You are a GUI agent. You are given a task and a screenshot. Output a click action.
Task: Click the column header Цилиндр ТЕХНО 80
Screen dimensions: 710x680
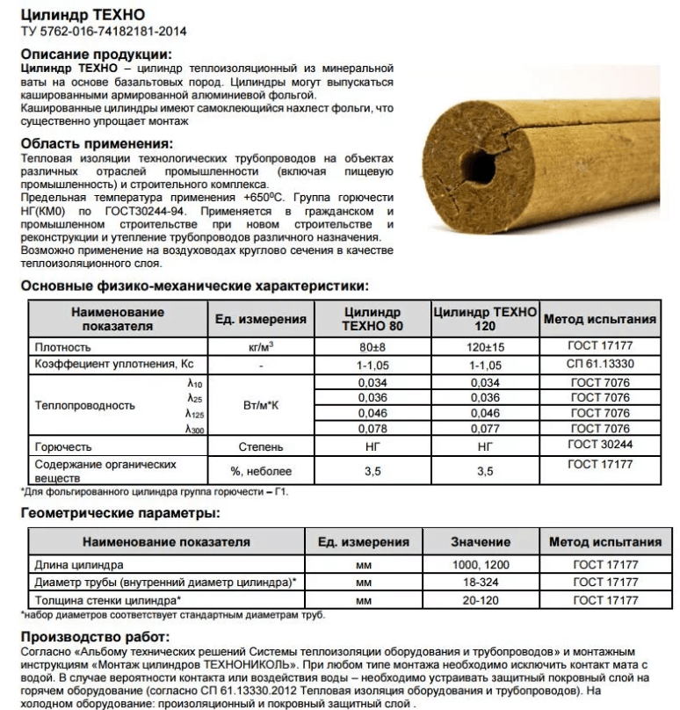coord(373,320)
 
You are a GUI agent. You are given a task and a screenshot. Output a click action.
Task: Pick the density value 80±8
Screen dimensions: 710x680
coord(373,347)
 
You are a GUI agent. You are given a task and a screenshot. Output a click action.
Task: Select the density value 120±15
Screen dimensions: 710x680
coord(484,347)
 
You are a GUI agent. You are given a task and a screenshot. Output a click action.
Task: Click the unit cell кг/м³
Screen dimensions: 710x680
coord(260,347)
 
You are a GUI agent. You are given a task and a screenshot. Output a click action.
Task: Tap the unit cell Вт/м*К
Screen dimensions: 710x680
coord(260,405)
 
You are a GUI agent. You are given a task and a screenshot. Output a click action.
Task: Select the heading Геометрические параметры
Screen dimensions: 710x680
coord(119,513)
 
